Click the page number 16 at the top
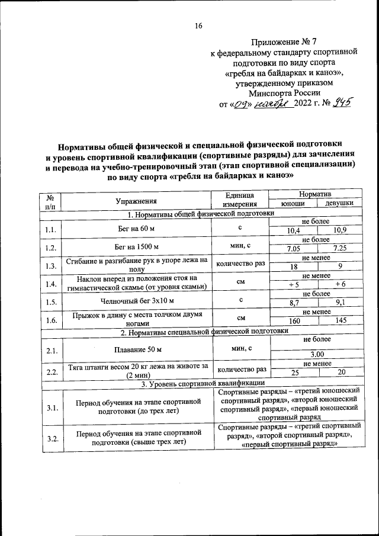click(198, 25)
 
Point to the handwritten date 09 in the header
click(241, 104)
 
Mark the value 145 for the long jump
click(339, 320)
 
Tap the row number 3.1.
click(50, 408)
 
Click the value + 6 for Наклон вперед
click(339, 284)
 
